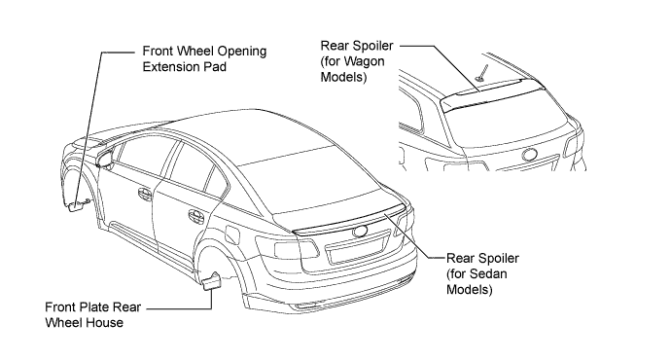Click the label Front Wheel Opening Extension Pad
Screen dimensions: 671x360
click(204, 58)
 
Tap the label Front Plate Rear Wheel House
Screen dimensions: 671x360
click(92, 314)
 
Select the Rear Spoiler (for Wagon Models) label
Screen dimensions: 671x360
click(357, 61)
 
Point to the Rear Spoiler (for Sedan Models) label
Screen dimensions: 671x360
click(482, 274)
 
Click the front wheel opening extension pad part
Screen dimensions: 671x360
click(76, 206)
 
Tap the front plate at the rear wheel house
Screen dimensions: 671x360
click(211, 281)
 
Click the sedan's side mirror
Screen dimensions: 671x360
click(104, 160)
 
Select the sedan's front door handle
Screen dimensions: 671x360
click(146, 193)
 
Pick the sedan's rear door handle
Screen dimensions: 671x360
click(196, 215)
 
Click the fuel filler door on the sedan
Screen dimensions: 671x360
click(232, 235)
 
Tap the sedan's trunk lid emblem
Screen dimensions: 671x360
click(360, 232)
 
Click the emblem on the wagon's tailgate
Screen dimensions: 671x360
click(530, 156)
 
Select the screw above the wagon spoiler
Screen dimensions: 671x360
click(482, 72)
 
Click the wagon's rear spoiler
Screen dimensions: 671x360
click(492, 93)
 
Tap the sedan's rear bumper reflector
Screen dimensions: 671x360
click(305, 306)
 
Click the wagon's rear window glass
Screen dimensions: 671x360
click(505, 125)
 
